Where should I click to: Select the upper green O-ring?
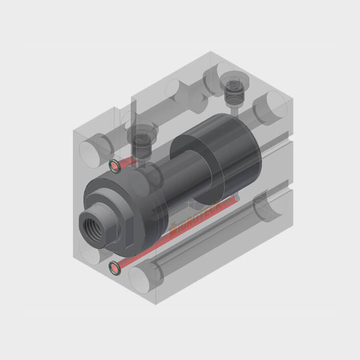115,165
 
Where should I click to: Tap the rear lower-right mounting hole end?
268,204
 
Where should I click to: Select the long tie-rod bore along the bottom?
204,240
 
